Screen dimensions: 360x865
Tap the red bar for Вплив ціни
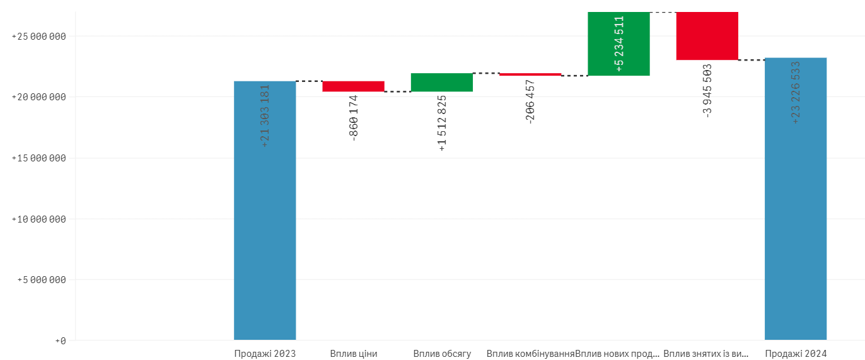point(353,86)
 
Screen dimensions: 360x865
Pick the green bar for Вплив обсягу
point(442,83)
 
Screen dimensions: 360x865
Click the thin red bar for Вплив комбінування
point(530,74)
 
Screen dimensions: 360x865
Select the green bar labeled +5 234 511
point(618,44)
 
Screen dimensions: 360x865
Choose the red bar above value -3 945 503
point(707,36)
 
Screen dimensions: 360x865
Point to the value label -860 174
point(354,118)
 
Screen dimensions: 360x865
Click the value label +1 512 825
point(442,124)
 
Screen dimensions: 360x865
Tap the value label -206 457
point(530,102)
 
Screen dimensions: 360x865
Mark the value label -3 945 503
point(707,90)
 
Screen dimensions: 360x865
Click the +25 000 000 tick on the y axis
point(39,37)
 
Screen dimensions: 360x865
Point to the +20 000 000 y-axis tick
point(39,97)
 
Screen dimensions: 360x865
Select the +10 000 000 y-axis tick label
point(39,219)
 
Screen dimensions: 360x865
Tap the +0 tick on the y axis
point(61,341)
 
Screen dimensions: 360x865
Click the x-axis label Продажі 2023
point(265,354)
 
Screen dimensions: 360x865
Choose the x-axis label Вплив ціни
point(354,354)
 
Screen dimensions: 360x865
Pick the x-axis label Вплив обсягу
point(442,354)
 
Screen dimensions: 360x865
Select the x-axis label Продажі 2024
point(796,354)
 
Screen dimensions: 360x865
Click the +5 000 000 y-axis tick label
point(42,280)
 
